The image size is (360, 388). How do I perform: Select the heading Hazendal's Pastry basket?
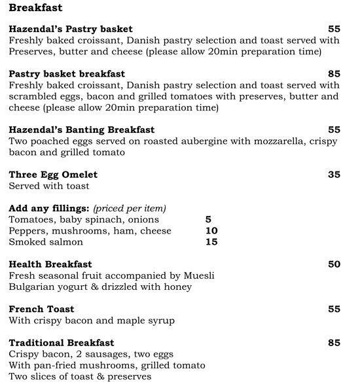[71, 29]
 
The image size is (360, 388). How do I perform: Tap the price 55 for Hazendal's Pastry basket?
[334, 29]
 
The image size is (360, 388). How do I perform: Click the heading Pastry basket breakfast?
[67, 74]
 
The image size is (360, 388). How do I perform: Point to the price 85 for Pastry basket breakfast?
[334, 74]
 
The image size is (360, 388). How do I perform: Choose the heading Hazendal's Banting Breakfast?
[82, 130]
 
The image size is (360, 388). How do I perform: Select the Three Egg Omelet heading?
[53, 175]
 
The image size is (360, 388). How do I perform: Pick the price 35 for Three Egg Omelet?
[334, 175]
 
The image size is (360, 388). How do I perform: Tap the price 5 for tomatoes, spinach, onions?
[208, 220]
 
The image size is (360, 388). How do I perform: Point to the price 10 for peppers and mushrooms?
[211, 231]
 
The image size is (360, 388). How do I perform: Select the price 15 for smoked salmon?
[211, 242]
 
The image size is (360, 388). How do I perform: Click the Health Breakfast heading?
[50, 264]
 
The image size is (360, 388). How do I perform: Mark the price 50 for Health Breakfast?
[334, 264]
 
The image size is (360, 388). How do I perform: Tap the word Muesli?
[198, 275]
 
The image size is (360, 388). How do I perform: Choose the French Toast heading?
[41, 309]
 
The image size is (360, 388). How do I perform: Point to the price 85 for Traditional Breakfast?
[334, 343]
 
